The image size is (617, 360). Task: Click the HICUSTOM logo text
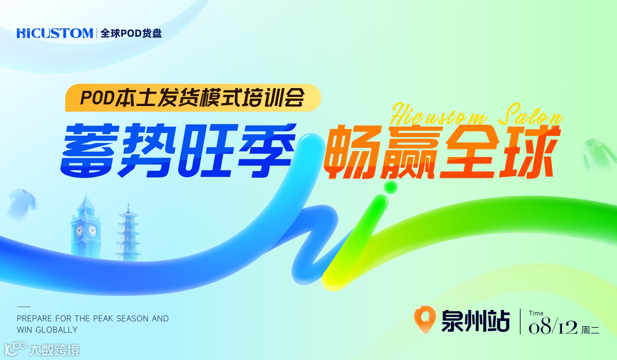[x=55, y=33]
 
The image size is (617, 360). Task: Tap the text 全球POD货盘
[x=131, y=33]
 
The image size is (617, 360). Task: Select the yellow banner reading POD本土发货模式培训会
[x=193, y=97]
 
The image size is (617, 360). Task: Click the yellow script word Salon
[x=530, y=115]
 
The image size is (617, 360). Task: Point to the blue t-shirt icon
[x=22, y=203]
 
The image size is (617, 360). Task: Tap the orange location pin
[x=425, y=318]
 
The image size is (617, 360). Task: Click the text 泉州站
[x=476, y=321]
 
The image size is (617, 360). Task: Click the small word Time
[x=536, y=313]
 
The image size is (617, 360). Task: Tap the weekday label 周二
[x=590, y=330]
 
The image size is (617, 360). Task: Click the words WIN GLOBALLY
[x=47, y=330]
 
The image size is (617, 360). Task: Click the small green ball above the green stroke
[x=390, y=187]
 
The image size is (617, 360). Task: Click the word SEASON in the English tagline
[x=132, y=318]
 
